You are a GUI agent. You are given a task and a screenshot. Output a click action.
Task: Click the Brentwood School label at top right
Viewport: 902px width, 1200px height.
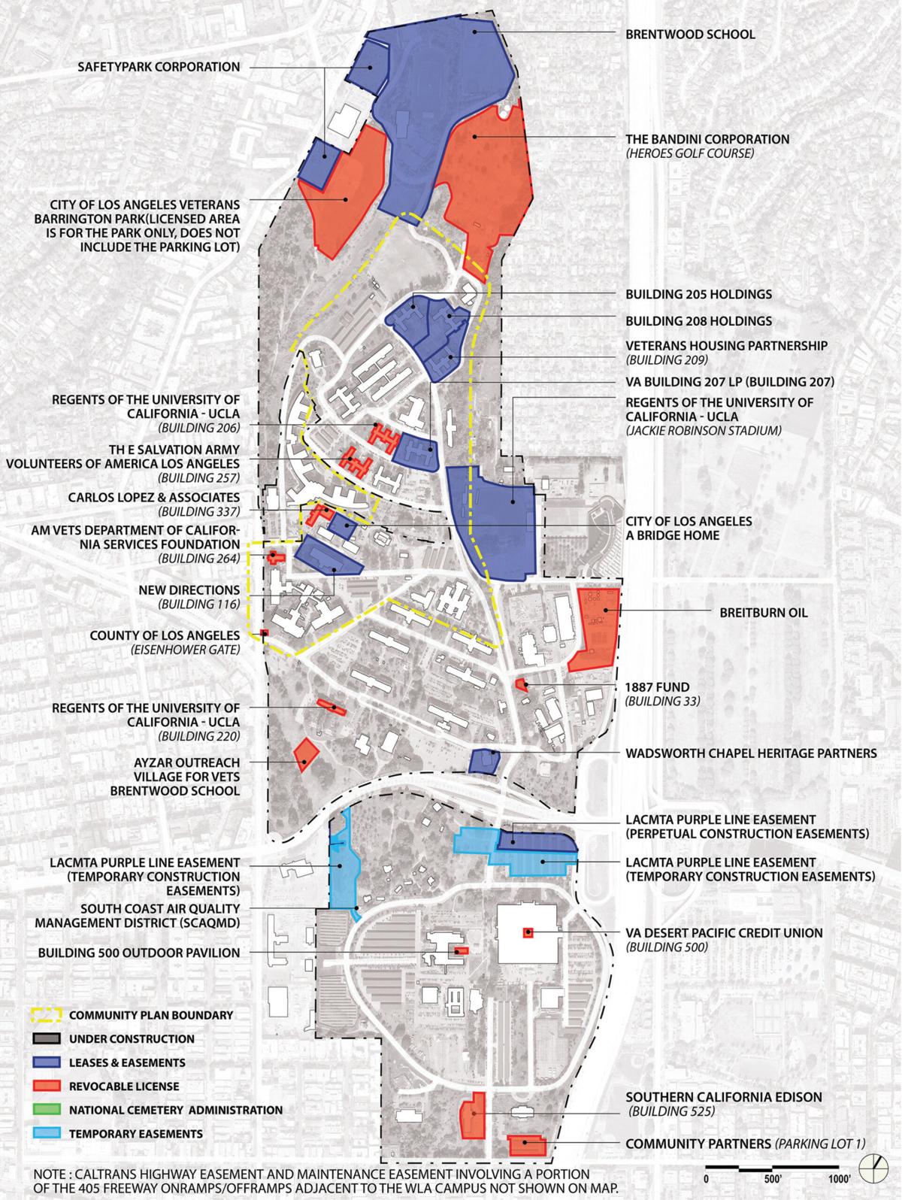pyautogui.click(x=690, y=35)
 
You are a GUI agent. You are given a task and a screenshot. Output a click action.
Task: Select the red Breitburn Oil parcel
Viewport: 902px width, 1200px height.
pyautogui.click(x=595, y=628)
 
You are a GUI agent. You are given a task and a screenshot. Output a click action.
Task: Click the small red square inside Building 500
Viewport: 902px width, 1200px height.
pyautogui.click(x=528, y=934)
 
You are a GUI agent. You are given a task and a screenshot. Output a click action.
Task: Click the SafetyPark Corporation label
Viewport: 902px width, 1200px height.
pyautogui.click(x=159, y=68)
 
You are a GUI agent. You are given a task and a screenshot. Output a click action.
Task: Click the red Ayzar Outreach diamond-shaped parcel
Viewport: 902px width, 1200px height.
pyautogui.click(x=304, y=755)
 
